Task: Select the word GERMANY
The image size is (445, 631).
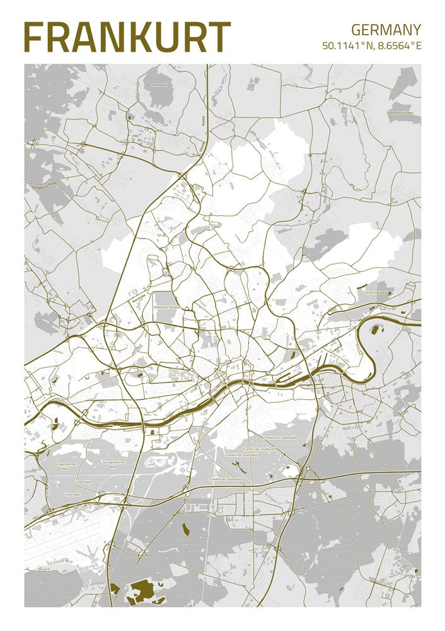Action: click(386, 29)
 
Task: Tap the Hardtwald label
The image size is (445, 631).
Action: click(159, 83)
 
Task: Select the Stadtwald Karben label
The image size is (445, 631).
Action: click(403, 113)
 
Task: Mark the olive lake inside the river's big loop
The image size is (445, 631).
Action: click(378, 329)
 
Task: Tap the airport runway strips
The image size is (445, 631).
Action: click(63, 543)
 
